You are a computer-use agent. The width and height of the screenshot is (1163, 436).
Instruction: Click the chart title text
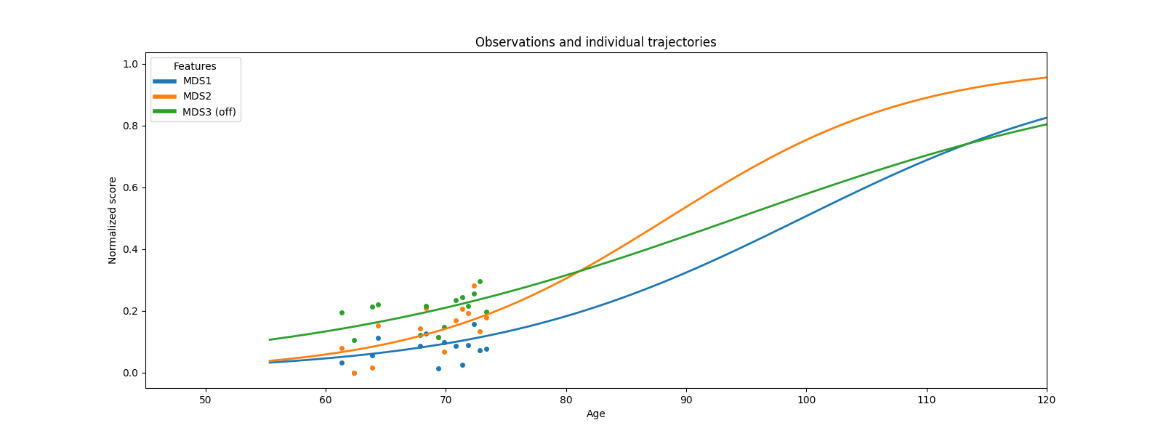[x=595, y=42]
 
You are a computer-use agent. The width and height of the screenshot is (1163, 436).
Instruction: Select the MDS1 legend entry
[x=197, y=81]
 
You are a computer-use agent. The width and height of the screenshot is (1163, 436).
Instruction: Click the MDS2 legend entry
[x=197, y=97]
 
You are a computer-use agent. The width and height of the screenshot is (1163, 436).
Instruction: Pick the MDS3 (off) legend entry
[x=209, y=112]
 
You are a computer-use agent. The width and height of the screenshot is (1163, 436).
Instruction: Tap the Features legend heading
[x=195, y=66]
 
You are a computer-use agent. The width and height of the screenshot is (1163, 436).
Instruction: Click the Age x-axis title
[x=595, y=414]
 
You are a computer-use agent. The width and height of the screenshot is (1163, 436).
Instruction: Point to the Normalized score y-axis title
[x=113, y=220]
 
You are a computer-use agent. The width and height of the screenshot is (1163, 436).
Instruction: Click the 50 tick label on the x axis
[x=206, y=400]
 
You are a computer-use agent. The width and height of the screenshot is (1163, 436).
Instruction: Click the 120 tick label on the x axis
[x=1046, y=400]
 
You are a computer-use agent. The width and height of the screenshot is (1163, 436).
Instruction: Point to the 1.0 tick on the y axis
[x=131, y=64]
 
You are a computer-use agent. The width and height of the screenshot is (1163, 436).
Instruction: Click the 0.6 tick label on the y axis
[x=131, y=187]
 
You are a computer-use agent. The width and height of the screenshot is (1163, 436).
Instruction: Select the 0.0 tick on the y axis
[x=131, y=373]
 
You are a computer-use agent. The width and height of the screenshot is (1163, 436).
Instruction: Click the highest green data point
[x=480, y=281]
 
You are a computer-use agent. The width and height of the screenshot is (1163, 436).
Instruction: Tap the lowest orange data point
[x=354, y=373]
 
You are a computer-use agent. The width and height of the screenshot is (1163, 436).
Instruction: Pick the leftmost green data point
[x=342, y=312]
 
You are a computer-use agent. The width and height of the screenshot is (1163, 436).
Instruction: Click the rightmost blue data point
[x=486, y=349]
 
